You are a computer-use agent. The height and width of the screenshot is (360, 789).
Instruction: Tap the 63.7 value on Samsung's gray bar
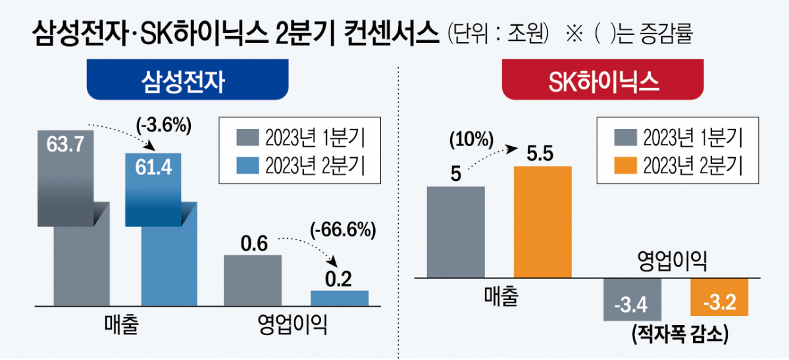click(65, 144)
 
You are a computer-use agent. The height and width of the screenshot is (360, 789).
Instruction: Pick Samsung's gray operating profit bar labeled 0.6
click(253, 280)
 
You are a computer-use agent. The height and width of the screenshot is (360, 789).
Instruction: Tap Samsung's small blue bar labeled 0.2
click(340, 297)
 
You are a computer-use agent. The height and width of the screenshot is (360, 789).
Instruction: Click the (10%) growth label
click(471, 140)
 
